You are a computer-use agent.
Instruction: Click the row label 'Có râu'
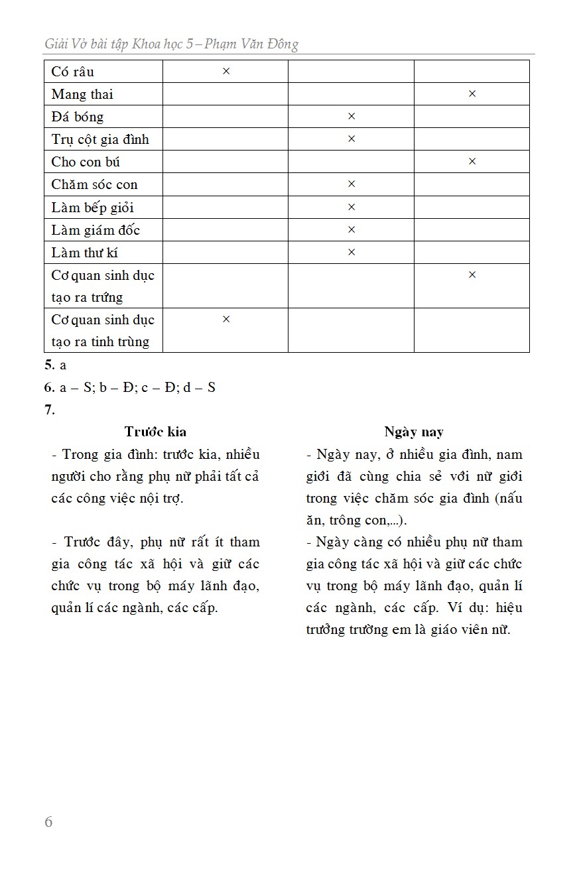coord(73,72)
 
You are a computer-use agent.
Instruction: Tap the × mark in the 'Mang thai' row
coord(472,93)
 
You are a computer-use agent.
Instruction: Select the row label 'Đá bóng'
coord(78,117)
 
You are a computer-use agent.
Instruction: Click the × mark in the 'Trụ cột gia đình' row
coord(352,139)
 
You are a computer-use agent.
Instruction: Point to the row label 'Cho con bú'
coord(86,162)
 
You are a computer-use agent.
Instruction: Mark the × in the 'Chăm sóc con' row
coord(352,184)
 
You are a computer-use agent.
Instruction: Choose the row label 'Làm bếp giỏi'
coord(92,207)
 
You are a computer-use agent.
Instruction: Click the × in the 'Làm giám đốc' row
coord(352,229)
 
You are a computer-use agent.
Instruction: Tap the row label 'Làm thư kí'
coord(85,252)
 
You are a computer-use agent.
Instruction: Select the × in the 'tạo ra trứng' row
coord(472,275)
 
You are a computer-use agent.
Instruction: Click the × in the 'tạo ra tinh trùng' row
coord(225,319)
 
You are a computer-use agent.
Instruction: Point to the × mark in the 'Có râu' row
coord(225,71)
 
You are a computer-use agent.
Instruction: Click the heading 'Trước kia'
coord(155,432)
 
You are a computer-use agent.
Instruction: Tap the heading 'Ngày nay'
coord(414,432)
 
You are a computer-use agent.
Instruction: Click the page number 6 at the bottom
coord(48,822)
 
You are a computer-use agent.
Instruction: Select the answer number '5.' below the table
coord(49,365)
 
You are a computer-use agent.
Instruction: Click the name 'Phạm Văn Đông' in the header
coord(251,44)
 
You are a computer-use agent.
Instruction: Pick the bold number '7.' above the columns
coord(50,410)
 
